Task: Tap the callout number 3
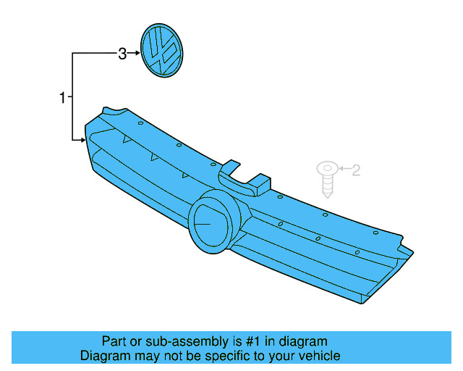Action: (122, 53)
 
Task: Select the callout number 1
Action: (63, 97)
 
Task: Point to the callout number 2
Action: (355, 170)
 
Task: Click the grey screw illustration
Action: (326, 179)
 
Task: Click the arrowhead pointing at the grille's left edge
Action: (82, 138)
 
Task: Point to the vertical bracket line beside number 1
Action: (72, 96)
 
